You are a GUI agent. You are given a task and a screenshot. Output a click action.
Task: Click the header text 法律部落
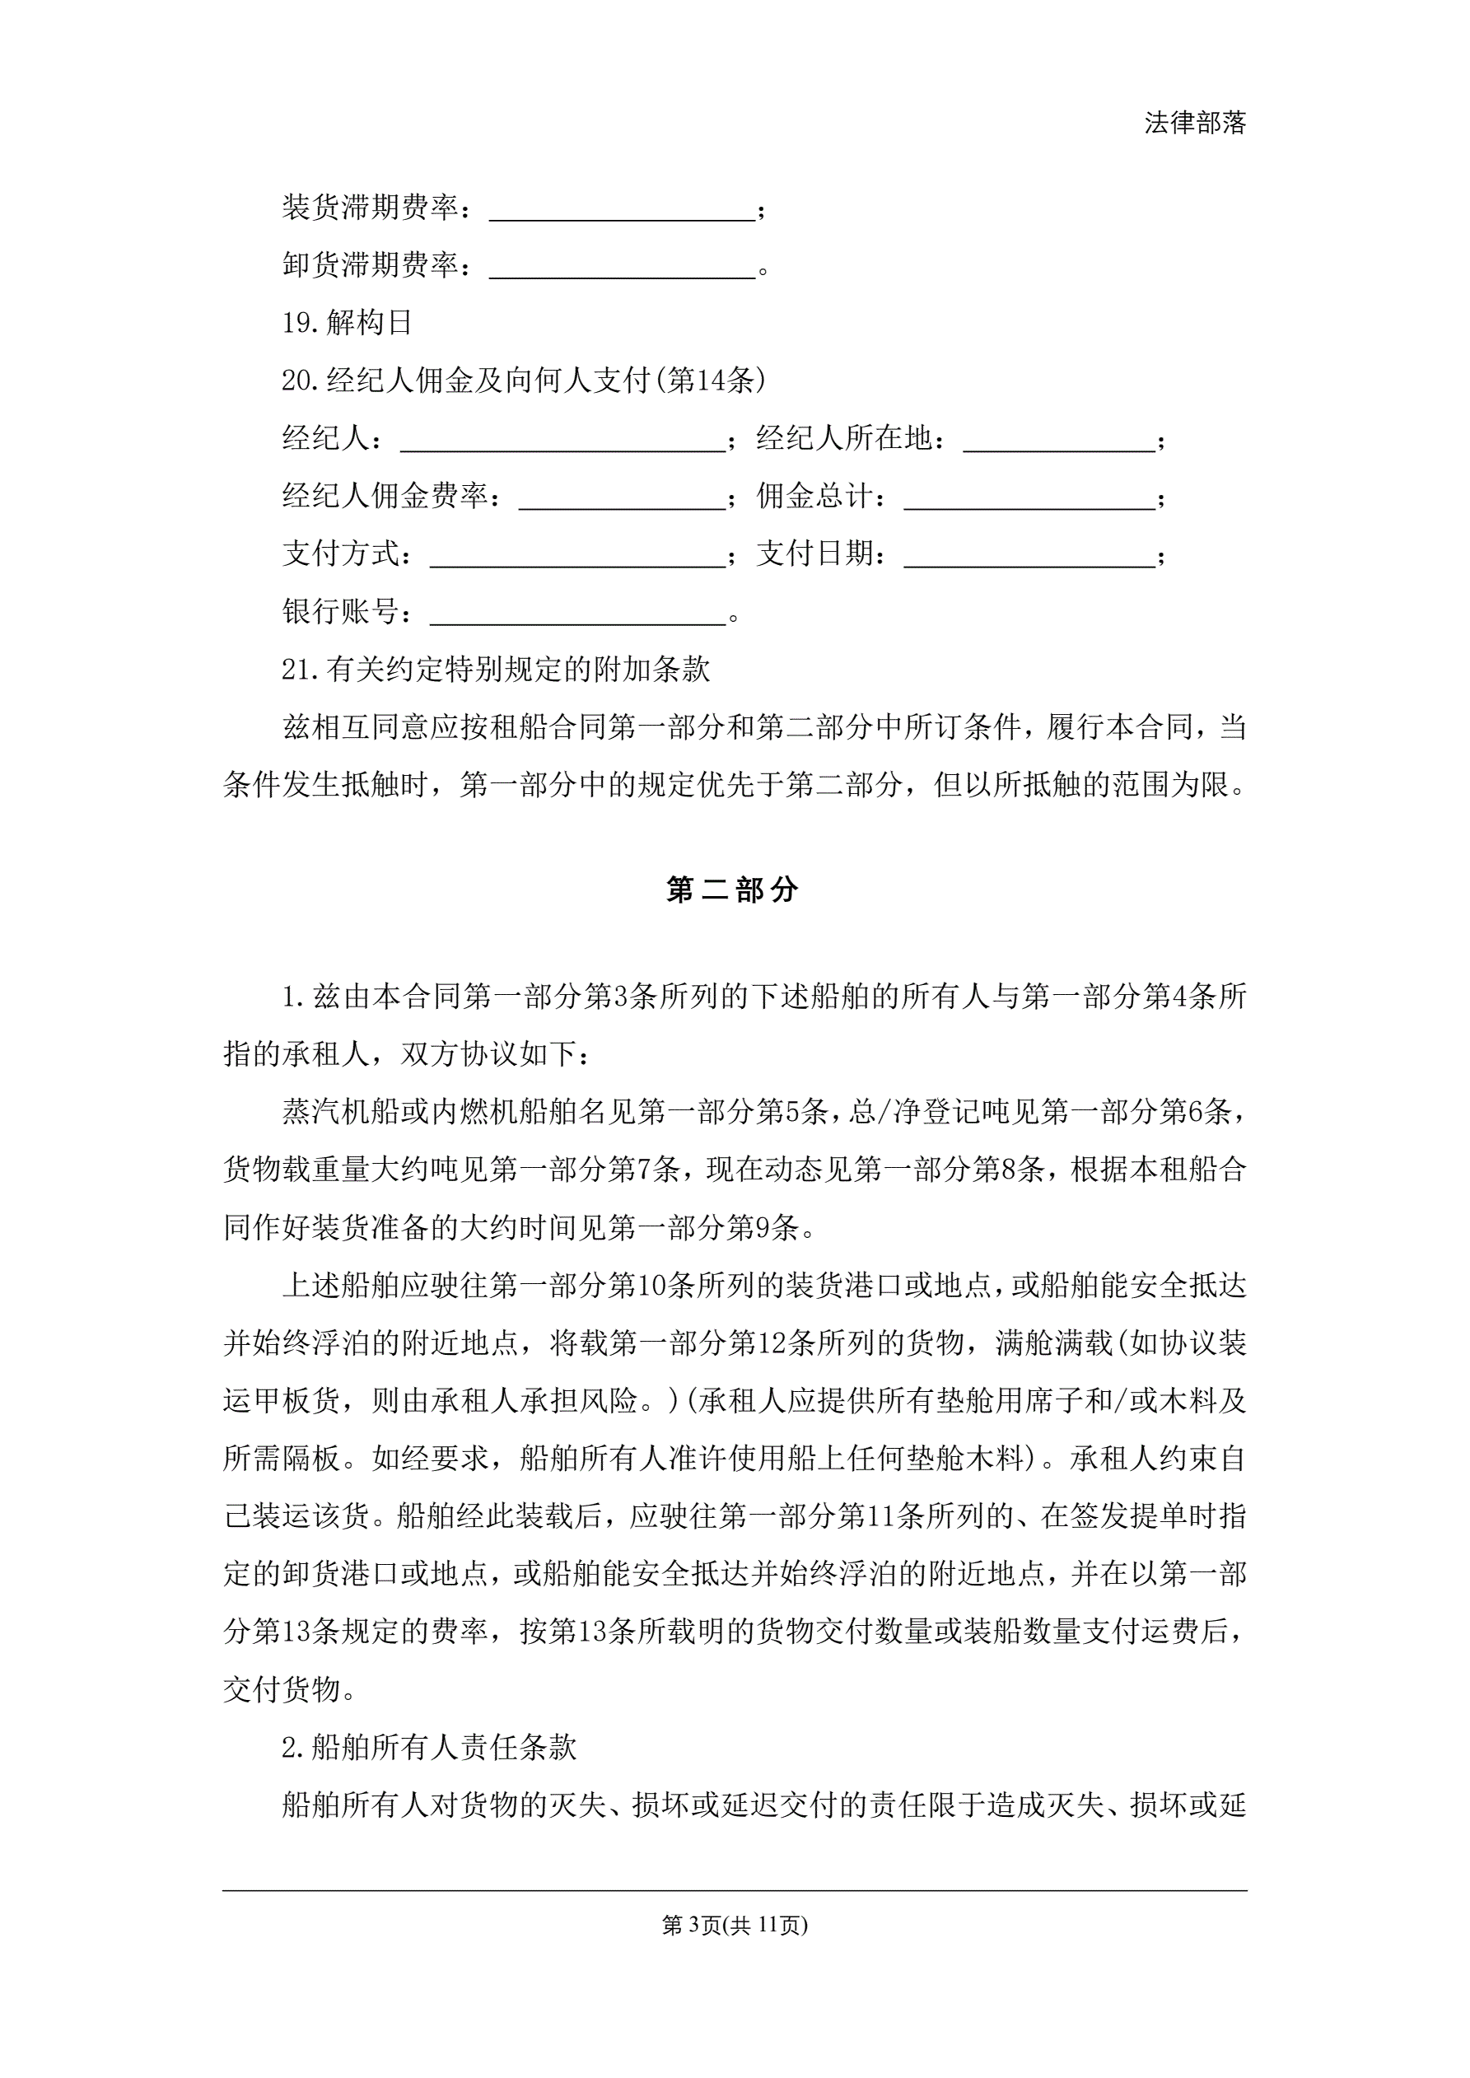point(1195,123)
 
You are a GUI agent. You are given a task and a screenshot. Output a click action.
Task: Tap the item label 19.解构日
point(347,322)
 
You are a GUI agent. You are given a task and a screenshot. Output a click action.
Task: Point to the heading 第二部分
point(732,890)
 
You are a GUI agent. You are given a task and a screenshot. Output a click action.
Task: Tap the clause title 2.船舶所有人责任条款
point(428,1748)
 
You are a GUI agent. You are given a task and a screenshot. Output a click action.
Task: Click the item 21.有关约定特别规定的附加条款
point(495,670)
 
